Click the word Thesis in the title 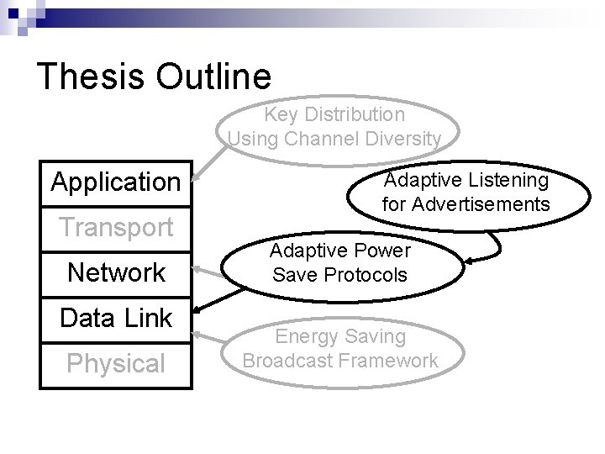pyautogui.click(x=87, y=76)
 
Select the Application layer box pyautogui.click(x=116, y=182)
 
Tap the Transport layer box pyautogui.click(x=116, y=227)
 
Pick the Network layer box pyautogui.click(x=116, y=272)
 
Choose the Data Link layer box pyautogui.click(x=116, y=318)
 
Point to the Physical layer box pyautogui.click(x=116, y=363)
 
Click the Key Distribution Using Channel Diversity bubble pyautogui.click(x=334, y=126)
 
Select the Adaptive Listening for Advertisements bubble pyautogui.click(x=466, y=192)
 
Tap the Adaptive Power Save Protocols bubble pyautogui.click(x=339, y=262)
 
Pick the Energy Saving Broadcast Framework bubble pyautogui.click(x=339, y=348)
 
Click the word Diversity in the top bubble pyautogui.click(x=398, y=139)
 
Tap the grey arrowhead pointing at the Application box pyautogui.click(x=196, y=179)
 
